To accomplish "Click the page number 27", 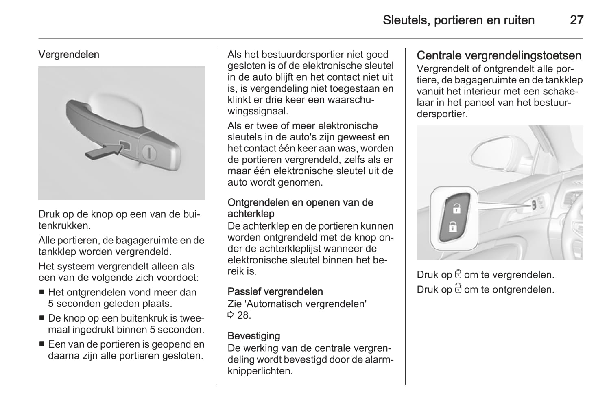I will click(576, 20).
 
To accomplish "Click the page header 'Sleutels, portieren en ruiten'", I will click(458, 20).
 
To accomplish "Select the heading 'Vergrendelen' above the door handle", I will click(69, 55).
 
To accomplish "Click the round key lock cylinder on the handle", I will click(149, 153).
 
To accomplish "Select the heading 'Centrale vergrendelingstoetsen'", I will click(499, 55).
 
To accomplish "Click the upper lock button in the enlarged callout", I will click(456, 208).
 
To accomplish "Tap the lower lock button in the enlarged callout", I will click(452, 226).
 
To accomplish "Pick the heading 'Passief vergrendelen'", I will click(275, 292).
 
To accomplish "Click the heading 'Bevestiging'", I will click(254, 336).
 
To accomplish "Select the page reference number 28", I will click(243, 315).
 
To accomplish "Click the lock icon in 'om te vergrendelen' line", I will click(458, 275).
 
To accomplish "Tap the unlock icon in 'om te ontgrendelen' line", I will click(458, 289).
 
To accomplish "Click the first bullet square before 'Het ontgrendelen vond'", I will click(42, 293).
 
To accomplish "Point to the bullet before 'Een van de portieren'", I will click(42, 345).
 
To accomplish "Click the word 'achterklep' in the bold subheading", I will click(251, 214).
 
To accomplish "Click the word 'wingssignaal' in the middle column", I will click(258, 111).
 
